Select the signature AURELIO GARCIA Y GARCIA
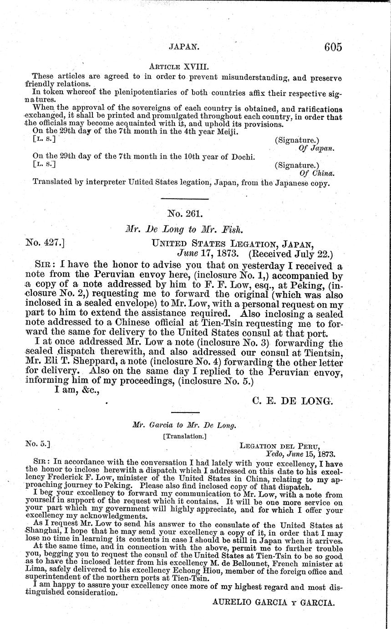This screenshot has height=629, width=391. pos(274,602)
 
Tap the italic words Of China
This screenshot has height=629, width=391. pos(317,173)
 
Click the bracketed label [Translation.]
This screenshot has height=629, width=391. pos(184,436)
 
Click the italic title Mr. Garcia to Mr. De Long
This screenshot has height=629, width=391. pos(184,425)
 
